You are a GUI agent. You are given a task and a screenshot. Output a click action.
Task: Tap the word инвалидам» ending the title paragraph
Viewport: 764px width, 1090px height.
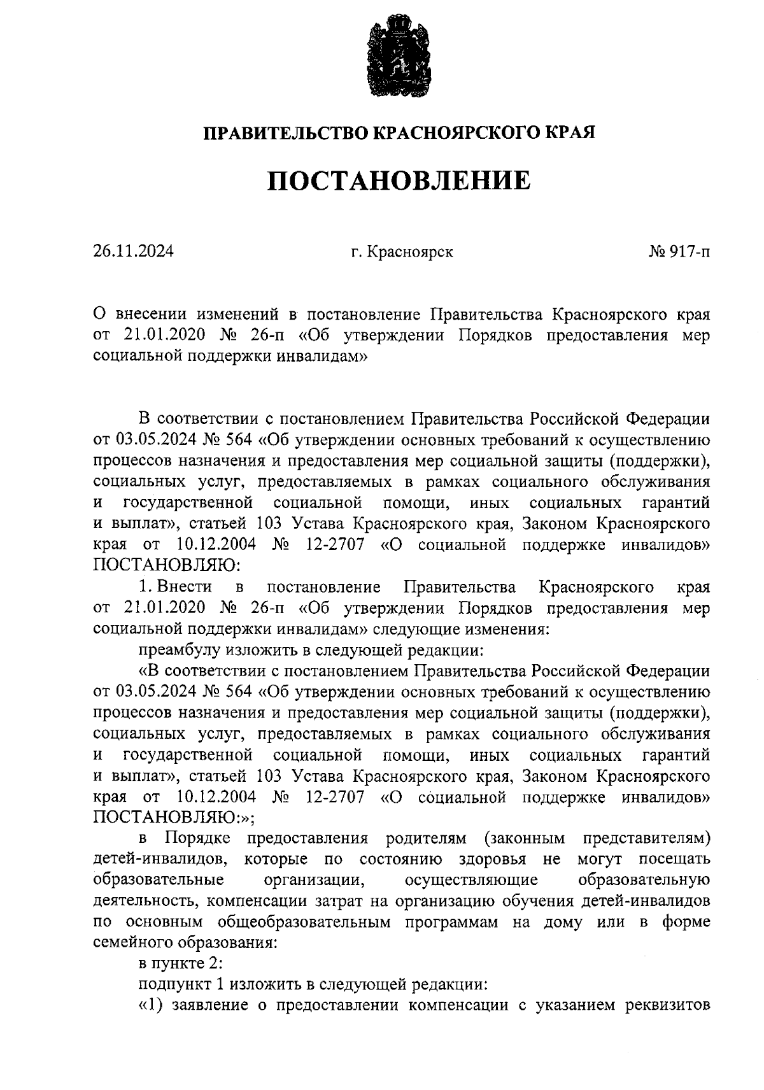[322, 357]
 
